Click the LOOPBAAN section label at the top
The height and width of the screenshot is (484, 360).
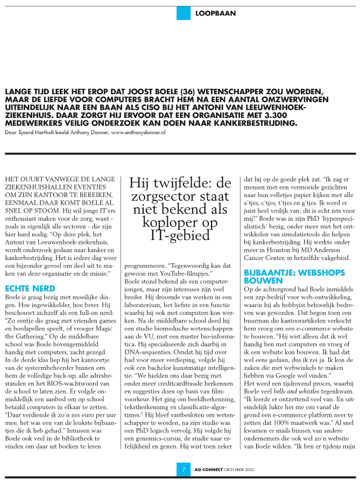[216, 13]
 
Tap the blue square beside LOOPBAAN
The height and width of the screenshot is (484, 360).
[183, 13]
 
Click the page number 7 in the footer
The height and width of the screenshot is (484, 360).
[183, 469]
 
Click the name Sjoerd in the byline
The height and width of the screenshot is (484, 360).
[24, 132]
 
